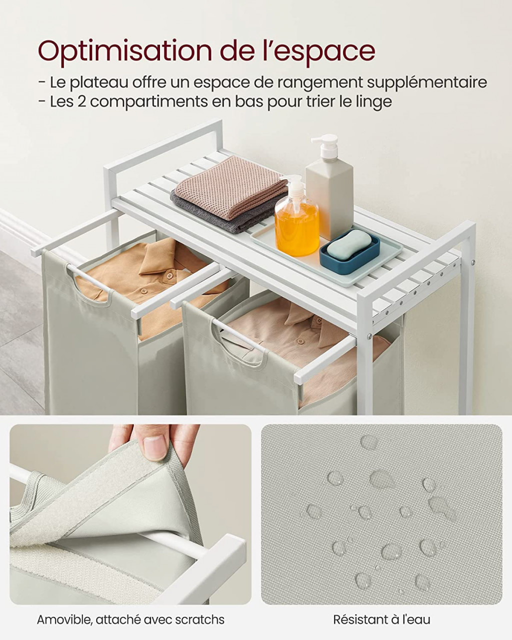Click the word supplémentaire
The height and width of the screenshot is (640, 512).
point(427,83)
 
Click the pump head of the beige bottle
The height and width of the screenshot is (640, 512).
point(326,144)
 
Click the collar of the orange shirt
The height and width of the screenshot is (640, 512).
point(166,256)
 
